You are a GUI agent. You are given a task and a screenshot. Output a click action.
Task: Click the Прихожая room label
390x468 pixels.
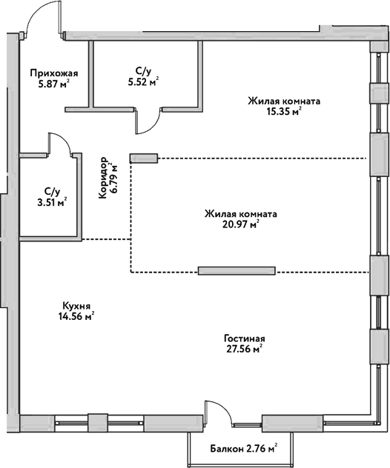[x=53, y=73]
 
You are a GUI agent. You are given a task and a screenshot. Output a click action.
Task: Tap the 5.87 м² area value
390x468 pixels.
[x=53, y=85]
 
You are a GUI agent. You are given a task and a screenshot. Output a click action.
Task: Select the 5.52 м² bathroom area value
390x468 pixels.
[x=144, y=81]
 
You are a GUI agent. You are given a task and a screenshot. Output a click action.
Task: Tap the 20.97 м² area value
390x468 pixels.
[x=242, y=225]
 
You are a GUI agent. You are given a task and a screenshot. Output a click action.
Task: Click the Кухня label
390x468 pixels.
[x=76, y=304]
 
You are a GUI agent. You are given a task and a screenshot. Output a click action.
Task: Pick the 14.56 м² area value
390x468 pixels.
[x=77, y=316]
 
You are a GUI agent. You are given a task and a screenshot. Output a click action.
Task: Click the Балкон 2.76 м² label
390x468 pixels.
[x=243, y=448]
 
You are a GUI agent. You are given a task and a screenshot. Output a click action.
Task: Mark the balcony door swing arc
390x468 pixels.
[x=219, y=415]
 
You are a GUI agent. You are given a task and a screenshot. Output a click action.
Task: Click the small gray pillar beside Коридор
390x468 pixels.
[x=144, y=157]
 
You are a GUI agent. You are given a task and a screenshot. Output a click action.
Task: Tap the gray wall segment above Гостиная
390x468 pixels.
[x=237, y=270]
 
